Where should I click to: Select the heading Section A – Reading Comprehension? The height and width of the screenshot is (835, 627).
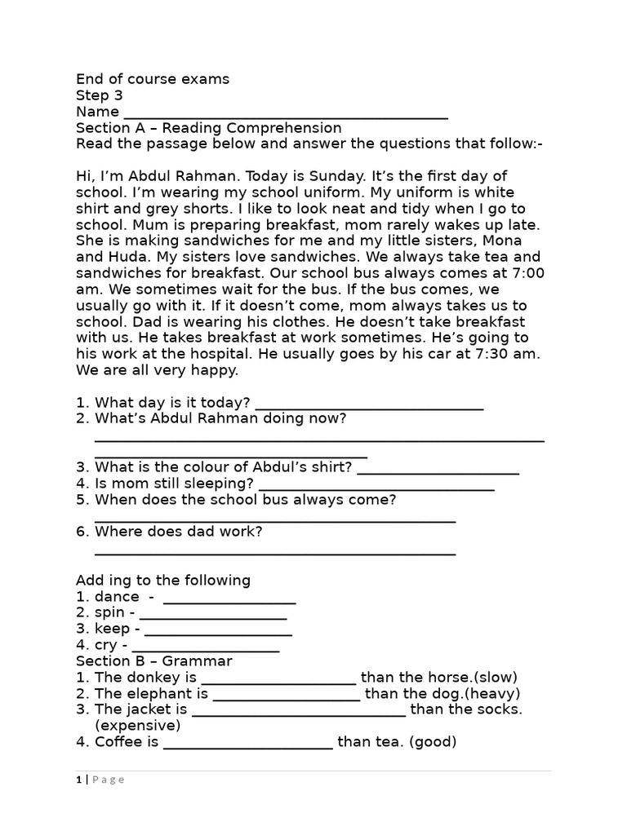pos(208,128)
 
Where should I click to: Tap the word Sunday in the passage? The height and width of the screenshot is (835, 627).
pos(336,176)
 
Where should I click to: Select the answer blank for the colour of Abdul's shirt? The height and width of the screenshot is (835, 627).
pos(438,471)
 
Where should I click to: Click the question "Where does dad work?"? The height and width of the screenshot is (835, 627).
pos(179,532)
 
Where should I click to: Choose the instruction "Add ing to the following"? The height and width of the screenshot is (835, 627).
pos(163,581)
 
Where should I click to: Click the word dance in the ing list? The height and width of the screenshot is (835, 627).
pos(117,597)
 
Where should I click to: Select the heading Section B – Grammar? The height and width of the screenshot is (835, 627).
pos(154,661)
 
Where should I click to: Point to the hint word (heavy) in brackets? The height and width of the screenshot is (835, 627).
pos(492,694)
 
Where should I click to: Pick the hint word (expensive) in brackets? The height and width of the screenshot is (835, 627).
pos(138,726)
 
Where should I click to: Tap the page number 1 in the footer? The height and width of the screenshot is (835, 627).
pos(79,780)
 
